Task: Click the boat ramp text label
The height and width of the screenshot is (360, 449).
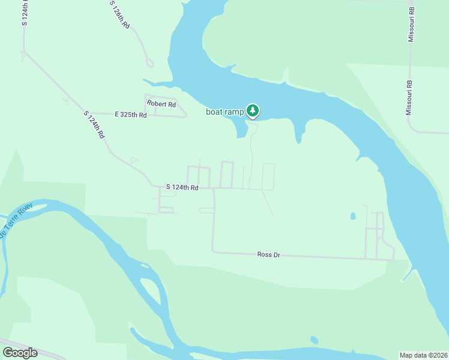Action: (225, 112)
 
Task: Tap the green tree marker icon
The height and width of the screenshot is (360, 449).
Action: (253, 110)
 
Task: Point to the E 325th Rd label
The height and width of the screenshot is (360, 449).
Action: (130, 114)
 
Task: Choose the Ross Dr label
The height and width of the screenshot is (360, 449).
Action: (268, 254)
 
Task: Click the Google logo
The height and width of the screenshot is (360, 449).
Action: (20, 352)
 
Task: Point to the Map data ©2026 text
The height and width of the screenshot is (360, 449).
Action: (423, 355)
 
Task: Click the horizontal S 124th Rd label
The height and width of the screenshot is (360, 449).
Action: (182, 188)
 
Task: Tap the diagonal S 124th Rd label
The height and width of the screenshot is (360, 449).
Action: (94, 125)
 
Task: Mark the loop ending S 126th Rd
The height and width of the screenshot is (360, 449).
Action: (149, 62)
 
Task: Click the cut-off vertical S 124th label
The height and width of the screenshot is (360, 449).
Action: (25, 13)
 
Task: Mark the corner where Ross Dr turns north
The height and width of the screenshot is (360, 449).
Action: (213, 252)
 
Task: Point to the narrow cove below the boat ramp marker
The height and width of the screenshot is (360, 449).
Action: (241, 129)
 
